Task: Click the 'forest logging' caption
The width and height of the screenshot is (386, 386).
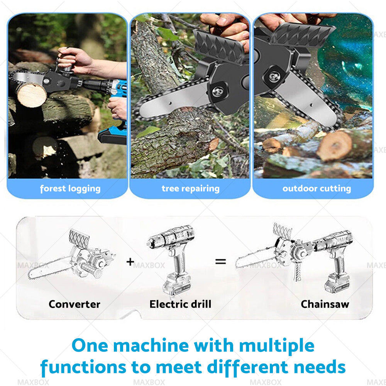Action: (x=70, y=189)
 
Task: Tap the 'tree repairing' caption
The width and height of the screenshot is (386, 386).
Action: (x=191, y=189)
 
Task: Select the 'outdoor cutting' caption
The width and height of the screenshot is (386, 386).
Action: (x=317, y=189)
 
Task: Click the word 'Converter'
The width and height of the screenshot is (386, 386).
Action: (x=74, y=304)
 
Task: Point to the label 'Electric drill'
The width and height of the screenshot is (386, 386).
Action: (x=180, y=304)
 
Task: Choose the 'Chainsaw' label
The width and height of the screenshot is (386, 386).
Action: (x=325, y=304)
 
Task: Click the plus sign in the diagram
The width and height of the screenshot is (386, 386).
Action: (x=130, y=261)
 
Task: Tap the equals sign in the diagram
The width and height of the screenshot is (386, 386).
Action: (x=220, y=261)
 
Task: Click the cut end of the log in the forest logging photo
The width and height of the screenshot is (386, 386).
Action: (x=32, y=95)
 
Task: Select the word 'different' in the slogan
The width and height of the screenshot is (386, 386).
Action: (x=247, y=367)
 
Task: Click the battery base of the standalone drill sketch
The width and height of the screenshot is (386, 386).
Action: (x=176, y=283)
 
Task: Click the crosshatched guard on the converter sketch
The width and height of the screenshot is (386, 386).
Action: (x=79, y=239)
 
